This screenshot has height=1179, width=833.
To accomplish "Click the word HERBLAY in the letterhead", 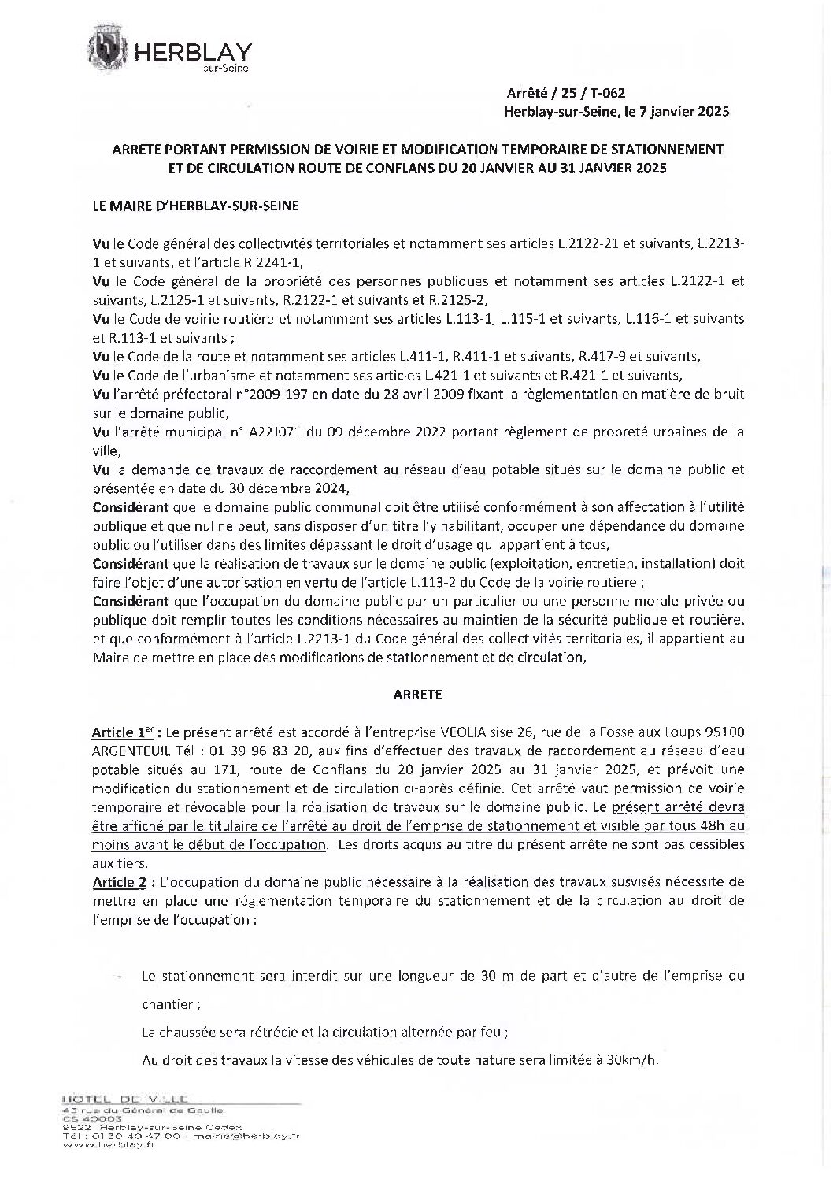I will tap(194, 52).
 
